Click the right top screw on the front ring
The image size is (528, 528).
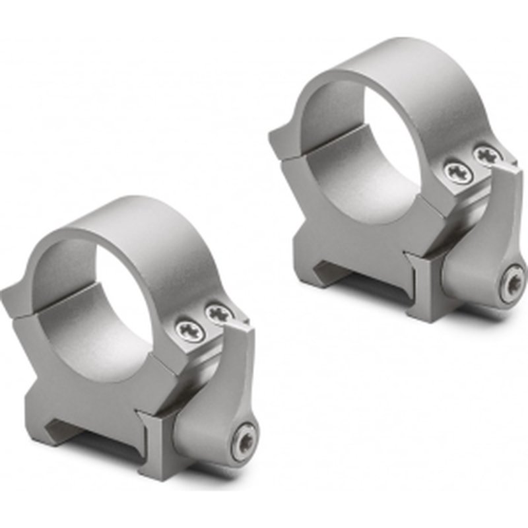point(216,312)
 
